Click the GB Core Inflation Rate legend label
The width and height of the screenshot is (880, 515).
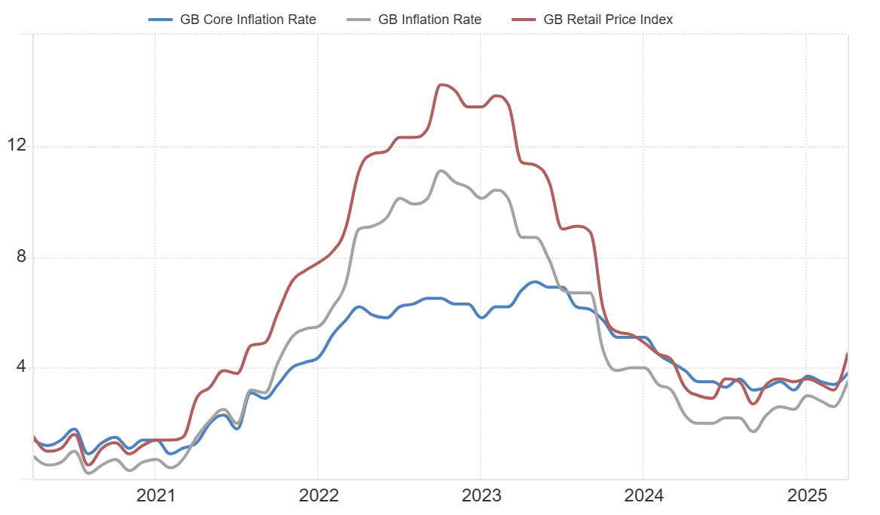[x=248, y=20]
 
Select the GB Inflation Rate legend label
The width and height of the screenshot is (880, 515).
[x=429, y=20]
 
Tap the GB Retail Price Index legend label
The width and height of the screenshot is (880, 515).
[x=608, y=20]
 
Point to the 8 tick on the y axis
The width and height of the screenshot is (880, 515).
[x=21, y=257]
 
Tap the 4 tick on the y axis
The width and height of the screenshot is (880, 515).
[x=21, y=367]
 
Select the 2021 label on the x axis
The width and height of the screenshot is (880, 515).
[x=155, y=496]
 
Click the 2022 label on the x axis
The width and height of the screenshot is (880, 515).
[x=318, y=496]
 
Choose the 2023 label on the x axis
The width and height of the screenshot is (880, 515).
[x=481, y=496]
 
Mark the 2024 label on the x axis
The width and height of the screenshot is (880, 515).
[x=643, y=496]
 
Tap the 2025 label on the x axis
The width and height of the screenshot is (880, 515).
[x=806, y=496]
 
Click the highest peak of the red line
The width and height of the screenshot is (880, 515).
[x=442, y=84]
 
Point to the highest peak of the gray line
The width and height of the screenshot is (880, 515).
[x=442, y=170]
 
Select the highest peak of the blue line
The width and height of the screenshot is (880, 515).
[x=533, y=282]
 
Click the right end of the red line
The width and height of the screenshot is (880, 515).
[x=848, y=354]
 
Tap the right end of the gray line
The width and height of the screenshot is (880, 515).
[x=848, y=382]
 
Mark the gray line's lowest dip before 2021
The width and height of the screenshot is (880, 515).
[x=89, y=473]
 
